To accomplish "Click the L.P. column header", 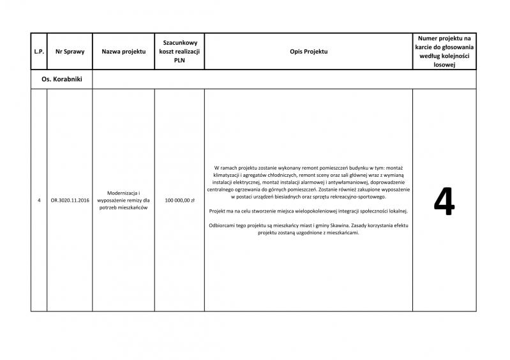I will click(x=39, y=51).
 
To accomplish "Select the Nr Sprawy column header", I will click(x=70, y=51).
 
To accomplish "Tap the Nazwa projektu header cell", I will click(x=124, y=51).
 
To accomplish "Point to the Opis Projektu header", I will click(x=308, y=51).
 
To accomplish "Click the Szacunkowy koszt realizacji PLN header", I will click(x=179, y=51).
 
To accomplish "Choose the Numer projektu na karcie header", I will click(x=445, y=51).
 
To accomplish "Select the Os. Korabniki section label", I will click(x=61, y=79).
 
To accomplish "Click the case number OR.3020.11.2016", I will click(x=70, y=200).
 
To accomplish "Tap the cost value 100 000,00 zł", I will click(x=179, y=200).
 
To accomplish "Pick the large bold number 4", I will click(x=444, y=202).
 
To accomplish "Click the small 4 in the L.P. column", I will click(x=39, y=200).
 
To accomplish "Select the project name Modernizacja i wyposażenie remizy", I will click(x=124, y=200).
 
